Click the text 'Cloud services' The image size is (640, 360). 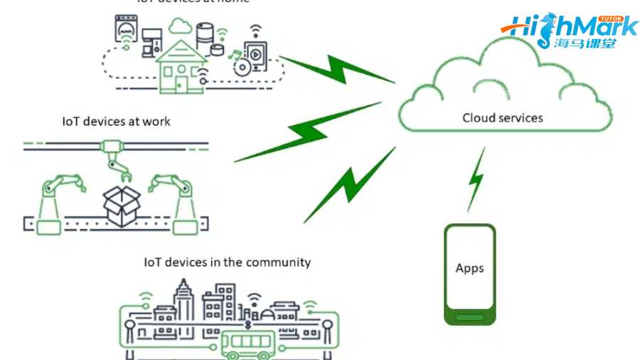point(503,117)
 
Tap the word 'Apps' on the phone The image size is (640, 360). point(469,268)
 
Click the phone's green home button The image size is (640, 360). point(469,317)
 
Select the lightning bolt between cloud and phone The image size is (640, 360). point(476,179)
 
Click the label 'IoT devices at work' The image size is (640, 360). point(117,121)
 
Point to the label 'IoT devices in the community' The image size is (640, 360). point(227,262)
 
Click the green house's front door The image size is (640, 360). point(181,85)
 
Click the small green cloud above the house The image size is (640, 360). point(181,27)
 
